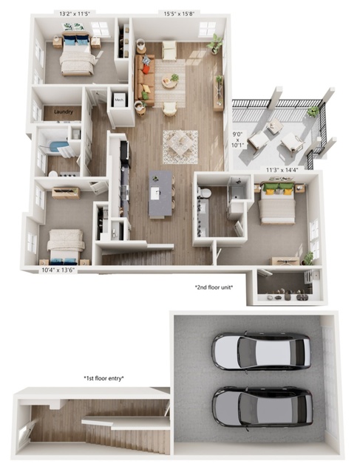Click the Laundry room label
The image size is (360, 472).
(x=64, y=112)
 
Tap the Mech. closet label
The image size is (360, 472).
(x=119, y=100)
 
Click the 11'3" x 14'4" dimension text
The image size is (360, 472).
(x=282, y=170)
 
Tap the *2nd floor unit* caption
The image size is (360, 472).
(x=214, y=287)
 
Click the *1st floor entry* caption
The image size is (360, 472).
(x=104, y=378)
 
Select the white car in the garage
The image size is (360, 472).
(x=261, y=351)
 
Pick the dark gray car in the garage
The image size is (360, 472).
(x=262, y=406)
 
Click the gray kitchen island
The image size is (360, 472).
(x=160, y=194)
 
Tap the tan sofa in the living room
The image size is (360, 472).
(x=145, y=80)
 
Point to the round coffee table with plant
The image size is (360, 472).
(x=170, y=81)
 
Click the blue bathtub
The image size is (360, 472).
(x=58, y=146)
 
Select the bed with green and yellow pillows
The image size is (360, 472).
(x=277, y=203)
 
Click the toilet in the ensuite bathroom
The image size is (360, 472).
(x=206, y=193)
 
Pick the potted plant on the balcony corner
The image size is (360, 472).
(x=313, y=112)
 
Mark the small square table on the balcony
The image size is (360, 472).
(x=275, y=126)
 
